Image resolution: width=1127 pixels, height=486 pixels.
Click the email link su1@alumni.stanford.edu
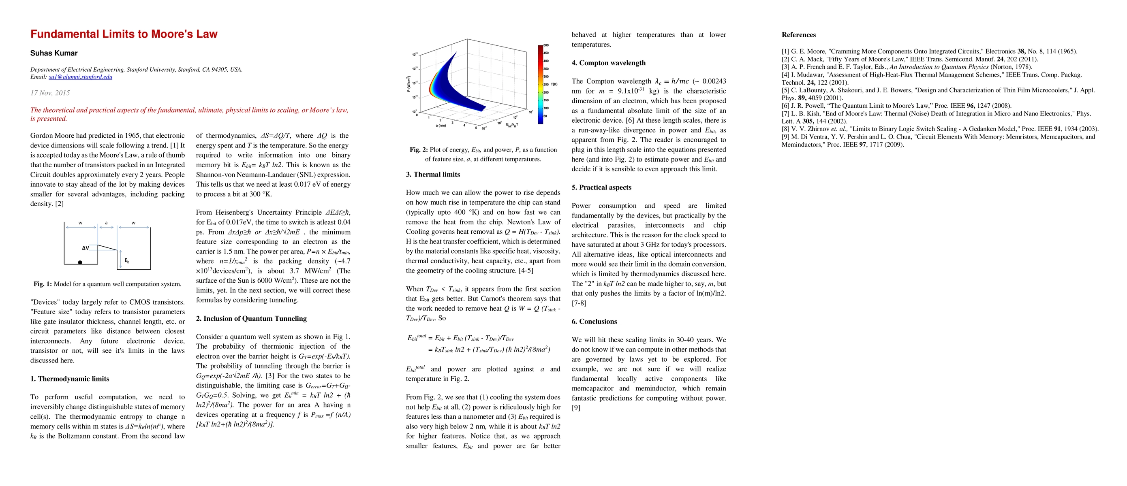coord(80,77)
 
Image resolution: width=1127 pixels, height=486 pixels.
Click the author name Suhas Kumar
coord(54,53)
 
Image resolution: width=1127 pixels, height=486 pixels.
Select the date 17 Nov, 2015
coord(50,93)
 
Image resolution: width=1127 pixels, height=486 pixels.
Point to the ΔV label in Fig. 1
coord(86,248)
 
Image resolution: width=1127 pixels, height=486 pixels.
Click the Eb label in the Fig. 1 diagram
coord(127,261)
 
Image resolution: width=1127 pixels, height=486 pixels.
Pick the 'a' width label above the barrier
coord(106,223)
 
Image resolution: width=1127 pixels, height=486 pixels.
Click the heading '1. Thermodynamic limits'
coord(70,379)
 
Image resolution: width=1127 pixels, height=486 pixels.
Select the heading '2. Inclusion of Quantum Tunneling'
coord(251,319)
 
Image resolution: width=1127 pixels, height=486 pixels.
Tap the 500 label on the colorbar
coord(546,45)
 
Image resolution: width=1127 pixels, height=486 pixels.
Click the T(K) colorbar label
coord(554,84)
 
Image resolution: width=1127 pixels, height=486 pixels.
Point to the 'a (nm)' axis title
coord(441,126)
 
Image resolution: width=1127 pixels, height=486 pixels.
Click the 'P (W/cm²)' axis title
coord(409,83)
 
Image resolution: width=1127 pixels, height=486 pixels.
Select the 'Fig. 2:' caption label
coord(419,150)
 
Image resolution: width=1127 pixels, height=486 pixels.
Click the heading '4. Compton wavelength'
coord(608,63)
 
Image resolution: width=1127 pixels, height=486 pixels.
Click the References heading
coord(798,35)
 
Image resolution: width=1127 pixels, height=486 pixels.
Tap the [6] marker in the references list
coord(786,106)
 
